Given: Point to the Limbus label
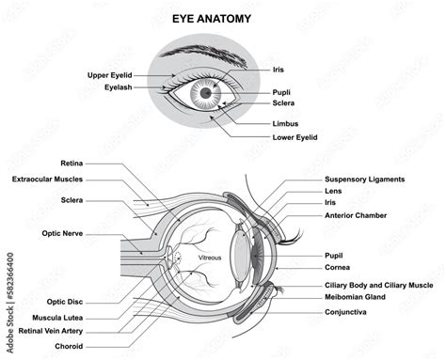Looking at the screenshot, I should point(287,122).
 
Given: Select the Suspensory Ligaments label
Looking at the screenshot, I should point(364,179).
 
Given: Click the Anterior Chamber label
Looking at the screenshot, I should point(355,215).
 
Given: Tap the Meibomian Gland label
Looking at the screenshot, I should point(358,297).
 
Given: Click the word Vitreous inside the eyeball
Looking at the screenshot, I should point(209,257).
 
